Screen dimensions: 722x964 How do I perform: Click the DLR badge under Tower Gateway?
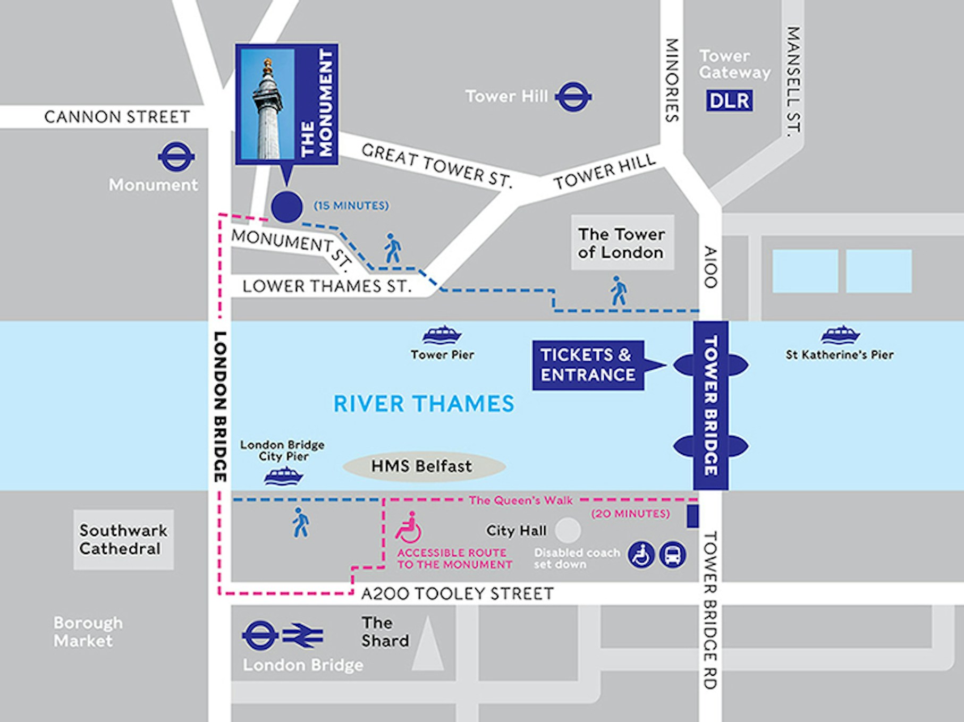coord(729,100)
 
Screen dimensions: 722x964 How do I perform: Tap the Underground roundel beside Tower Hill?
coord(573,97)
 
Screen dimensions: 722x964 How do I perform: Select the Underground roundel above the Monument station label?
coord(176,156)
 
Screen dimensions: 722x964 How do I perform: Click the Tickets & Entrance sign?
coord(588,365)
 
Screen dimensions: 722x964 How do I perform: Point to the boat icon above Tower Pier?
coord(442,335)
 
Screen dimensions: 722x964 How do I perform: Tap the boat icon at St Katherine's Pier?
coord(840,335)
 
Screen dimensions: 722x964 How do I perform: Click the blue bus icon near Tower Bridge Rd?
coord(672,555)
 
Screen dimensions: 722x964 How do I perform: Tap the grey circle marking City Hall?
coord(568,530)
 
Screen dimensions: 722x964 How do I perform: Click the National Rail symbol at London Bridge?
coord(302,636)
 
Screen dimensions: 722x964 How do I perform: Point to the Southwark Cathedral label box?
coord(123,539)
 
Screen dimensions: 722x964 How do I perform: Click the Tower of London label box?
coord(622,243)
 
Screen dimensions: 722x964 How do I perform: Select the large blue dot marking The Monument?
coord(287,207)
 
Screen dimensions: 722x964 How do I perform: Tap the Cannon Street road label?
coord(117,117)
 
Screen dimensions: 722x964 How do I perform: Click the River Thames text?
coord(424,404)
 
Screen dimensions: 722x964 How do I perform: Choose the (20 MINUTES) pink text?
coord(630,514)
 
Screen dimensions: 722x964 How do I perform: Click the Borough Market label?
coord(88,632)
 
